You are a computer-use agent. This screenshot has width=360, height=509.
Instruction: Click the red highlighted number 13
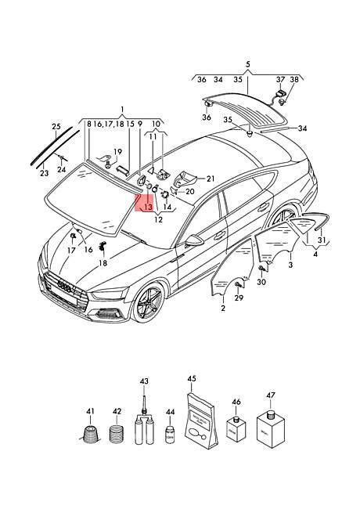pos(147,207)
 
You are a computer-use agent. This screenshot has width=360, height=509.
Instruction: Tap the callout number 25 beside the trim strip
pos(56,126)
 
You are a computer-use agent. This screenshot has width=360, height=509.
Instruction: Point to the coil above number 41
pos(92,437)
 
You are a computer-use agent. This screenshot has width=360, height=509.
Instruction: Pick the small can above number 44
pos(169,434)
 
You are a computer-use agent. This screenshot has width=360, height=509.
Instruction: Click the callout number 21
pos(211,179)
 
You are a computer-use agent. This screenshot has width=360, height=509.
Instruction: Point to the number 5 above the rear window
pos(247,64)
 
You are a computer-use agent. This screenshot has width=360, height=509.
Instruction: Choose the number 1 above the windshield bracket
pos(121,109)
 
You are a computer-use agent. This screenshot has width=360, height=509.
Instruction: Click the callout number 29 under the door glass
pos(239,298)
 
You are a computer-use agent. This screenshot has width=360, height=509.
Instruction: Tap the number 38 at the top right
pos(294,80)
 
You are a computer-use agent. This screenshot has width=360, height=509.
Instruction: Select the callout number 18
pos(103,264)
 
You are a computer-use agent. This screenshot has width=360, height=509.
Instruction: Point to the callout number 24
pos(61,169)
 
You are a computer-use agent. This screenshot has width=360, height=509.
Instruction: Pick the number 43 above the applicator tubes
pos(144,381)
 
